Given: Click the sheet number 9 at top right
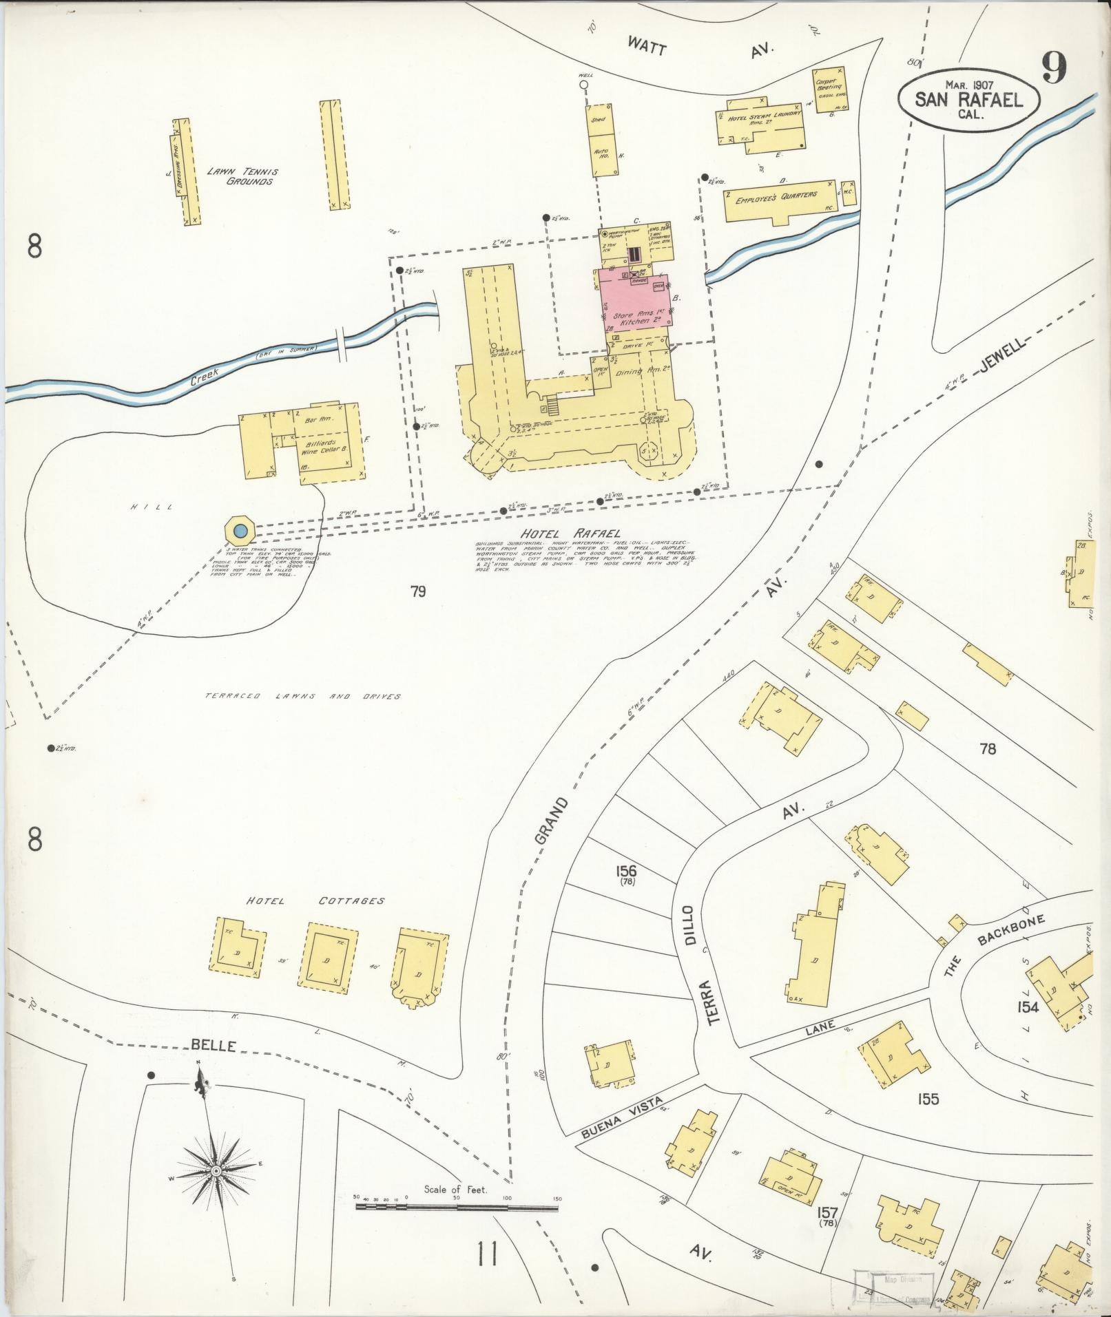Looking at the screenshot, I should pos(1054,67).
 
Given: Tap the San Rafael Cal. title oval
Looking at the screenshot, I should pos(968,101).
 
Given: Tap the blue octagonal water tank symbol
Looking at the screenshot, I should pos(240,531).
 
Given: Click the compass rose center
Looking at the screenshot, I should pos(216,1170).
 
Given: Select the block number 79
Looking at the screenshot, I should pos(417,591).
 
